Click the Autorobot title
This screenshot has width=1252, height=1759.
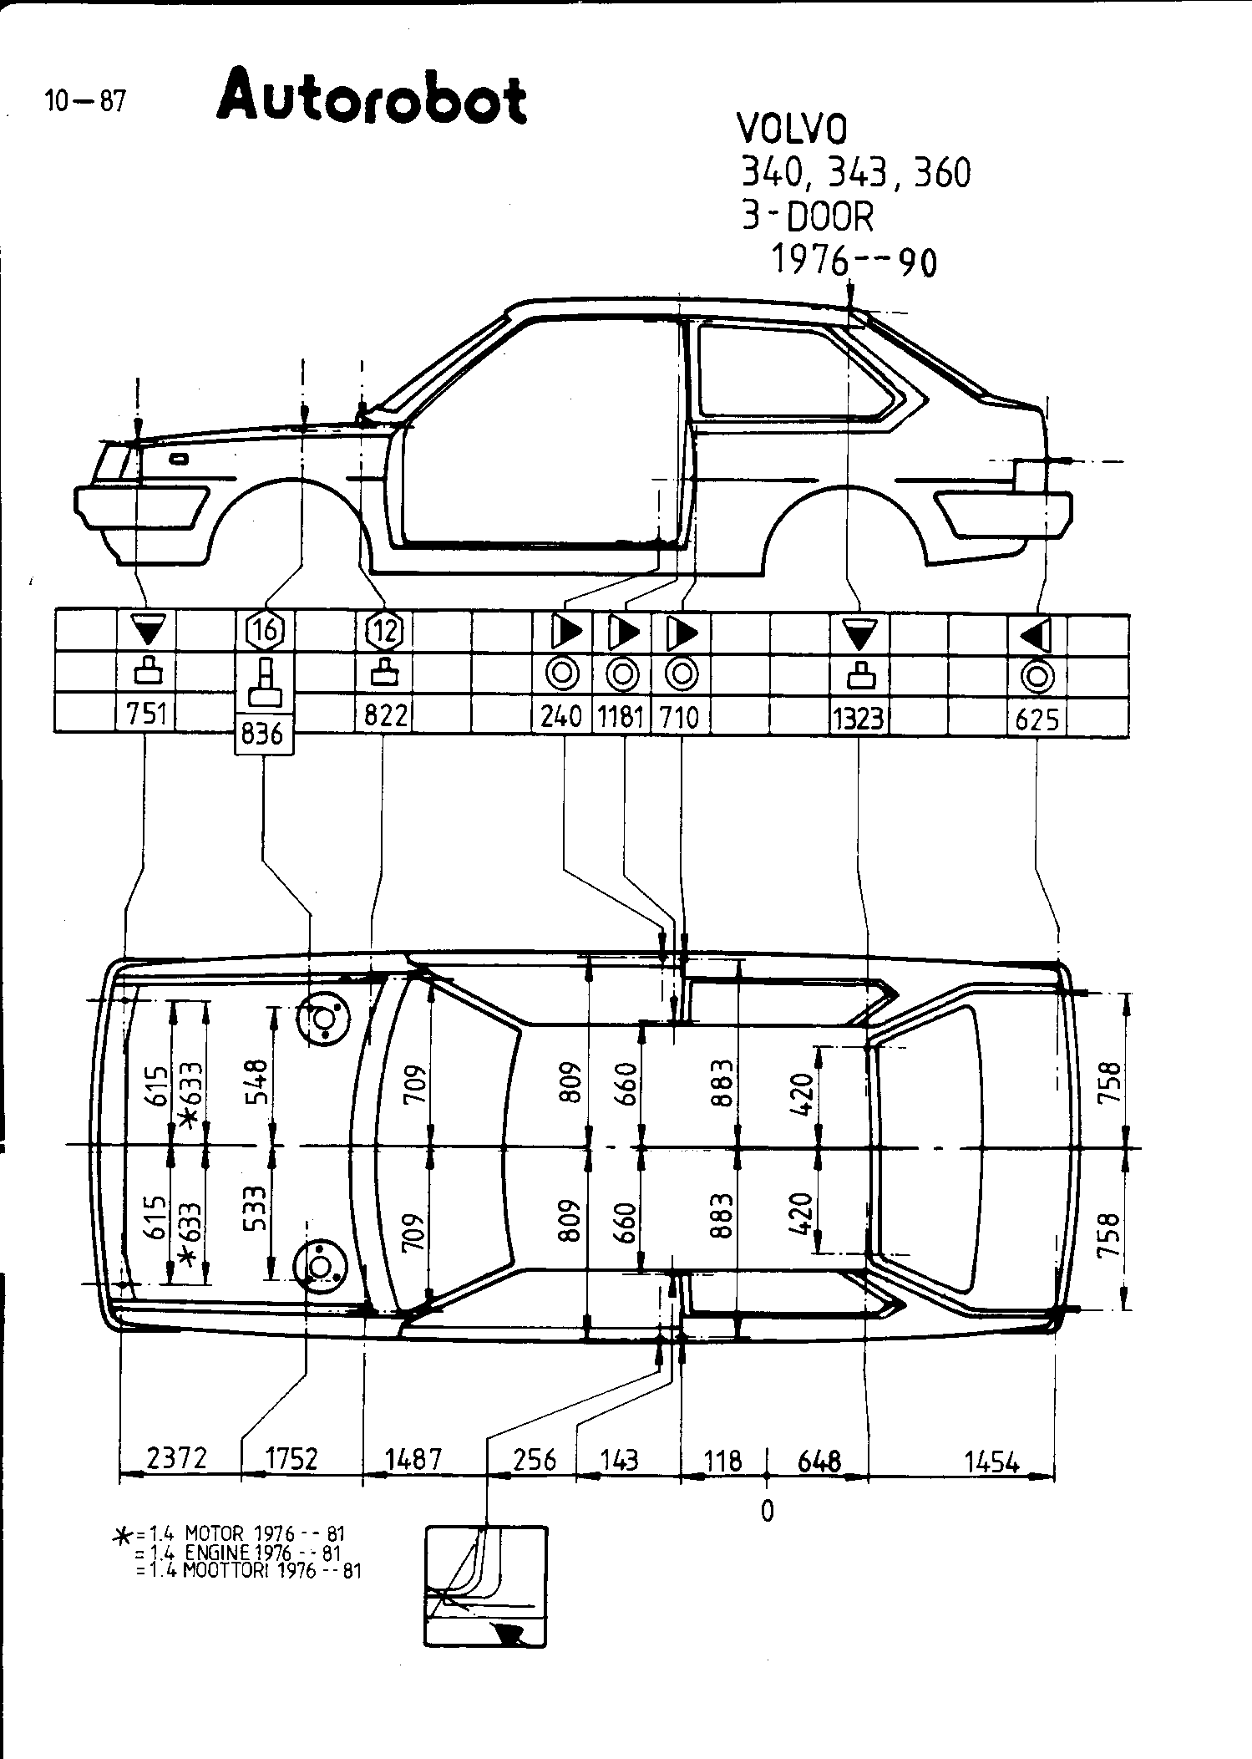point(372,99)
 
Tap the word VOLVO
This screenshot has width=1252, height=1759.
point(791,130)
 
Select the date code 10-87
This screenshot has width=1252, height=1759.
point(85,102)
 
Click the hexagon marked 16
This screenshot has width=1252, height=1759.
point(265,630)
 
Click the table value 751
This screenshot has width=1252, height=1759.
point(147,715)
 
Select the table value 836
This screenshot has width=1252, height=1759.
point(263,735)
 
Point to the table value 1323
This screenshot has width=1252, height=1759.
point(859,718)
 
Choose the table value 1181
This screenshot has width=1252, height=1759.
point(621,717)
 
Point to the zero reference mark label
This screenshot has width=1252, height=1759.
point(768,1511)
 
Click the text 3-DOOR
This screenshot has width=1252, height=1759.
point(807,217)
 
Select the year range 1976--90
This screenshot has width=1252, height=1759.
point(853,262)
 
